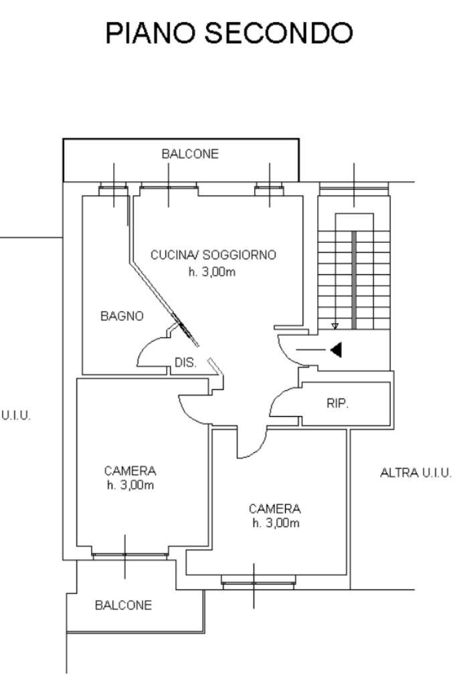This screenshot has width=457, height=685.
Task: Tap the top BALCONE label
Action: click(189, 154)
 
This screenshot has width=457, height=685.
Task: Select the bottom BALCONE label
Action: click(123, 605)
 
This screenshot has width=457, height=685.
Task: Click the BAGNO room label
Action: click(122, 316)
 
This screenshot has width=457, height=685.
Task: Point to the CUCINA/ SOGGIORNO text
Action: click(213, 255)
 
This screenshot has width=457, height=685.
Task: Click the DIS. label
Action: click(185, 363)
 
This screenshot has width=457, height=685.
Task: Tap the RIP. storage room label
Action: click(338, 404)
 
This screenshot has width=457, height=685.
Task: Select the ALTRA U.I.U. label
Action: click(415, 473)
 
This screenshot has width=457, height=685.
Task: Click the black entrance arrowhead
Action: click(337, 349)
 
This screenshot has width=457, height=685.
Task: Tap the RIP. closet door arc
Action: click(281, 401)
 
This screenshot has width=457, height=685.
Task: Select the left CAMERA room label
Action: click(130, 470)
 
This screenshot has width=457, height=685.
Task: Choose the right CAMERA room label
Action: click(275, 508)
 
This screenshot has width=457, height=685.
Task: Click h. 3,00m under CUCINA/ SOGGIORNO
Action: click(213, 272)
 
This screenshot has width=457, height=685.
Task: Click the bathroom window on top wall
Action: click(113, 191)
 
